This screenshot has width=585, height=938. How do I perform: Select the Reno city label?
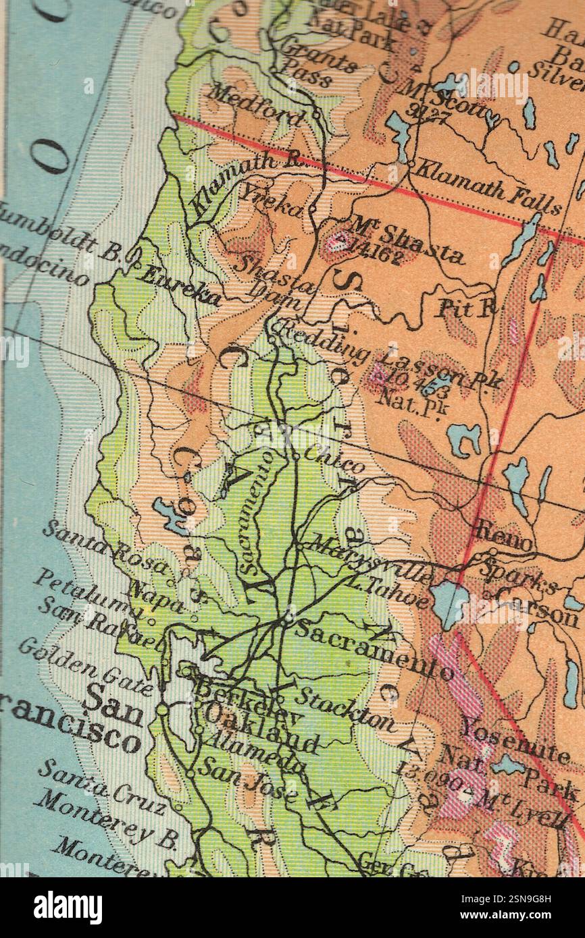(503, 532)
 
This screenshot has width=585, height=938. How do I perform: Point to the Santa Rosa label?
(105, 546)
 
